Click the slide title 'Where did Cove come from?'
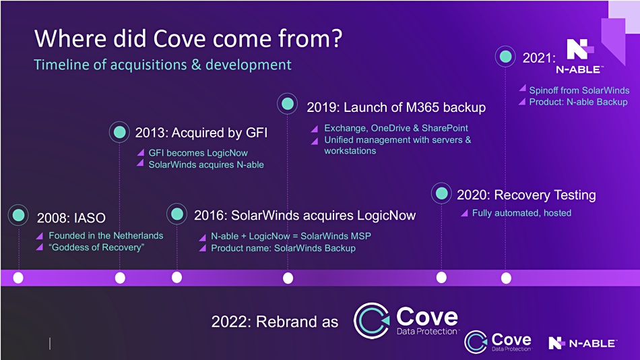pyautogui.click(x=188, y=39)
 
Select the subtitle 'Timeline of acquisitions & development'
pyautogui.click(x=162, y=65)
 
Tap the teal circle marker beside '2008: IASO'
pyautogui.click(x=18, y=215)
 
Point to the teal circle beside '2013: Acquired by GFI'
pyautogui.click(x=120, y=132)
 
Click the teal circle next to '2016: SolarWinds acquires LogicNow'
pyautogui.click(x=177, y=214)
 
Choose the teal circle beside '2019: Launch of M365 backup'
pyautogui.click(x=288, y=103)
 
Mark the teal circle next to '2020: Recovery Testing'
pyautogui.click(x=442, y=193)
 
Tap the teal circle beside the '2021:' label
pyautogui.click(x=506, y=57)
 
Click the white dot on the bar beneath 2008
pyautogui.click(x=18, y=278)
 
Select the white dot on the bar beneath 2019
pyautogui.click(x=288, y=278)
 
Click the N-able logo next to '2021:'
pyautogui.click(x=579, y=57)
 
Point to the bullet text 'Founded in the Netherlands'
pyautogui.click(x=106, y=235)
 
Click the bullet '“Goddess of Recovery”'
pyautogui.click(x=96, y=247)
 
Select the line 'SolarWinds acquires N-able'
pyautogui.click(x=206, y=164)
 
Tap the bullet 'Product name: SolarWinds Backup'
pyautogui.click(x=283, y=248)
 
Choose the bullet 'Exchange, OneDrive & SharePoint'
pyautogui.click(x=396, y=128)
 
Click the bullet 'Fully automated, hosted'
pyautogui.click(x=521, y=213)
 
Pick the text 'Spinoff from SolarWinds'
pyautogui.click(x=579, y=90)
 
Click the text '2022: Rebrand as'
pyautogui.click(x=275, y=322)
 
